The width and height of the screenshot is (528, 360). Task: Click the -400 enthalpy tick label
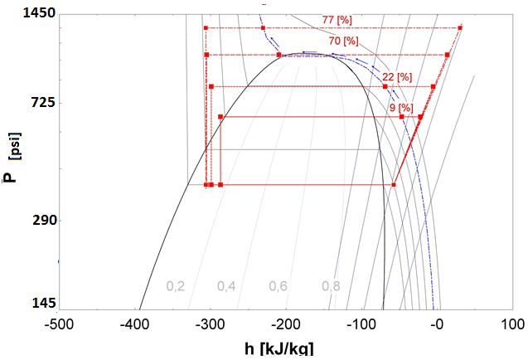tap(135, 324)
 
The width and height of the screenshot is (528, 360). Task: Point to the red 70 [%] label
tap(344, 40)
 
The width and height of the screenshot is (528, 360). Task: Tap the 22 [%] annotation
tap(396, 77)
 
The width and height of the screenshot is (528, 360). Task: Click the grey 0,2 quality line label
tap(176, 286)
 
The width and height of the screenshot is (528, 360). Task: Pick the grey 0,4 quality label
tap(226, 286)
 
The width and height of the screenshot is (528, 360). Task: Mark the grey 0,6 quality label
tap(278, 286)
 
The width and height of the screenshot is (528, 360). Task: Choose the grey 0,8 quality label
tap(331, 286)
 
